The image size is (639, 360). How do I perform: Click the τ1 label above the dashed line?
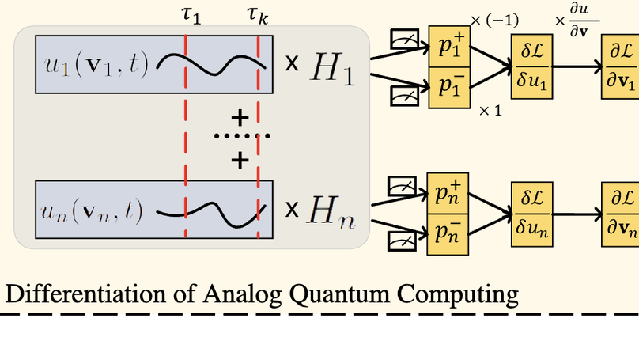click(x=191, y=13)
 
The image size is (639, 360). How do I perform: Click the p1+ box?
click(x=448, y=47)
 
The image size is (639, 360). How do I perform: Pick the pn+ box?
click(x=448, y=194)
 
